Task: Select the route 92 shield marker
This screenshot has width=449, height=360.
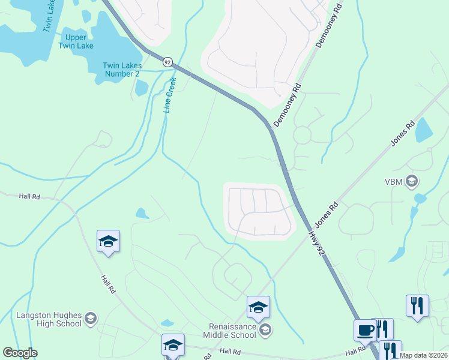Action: pos(167,62)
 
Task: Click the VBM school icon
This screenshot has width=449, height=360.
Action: pos(412,181)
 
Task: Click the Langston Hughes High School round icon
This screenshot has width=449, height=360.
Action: pos(91,318)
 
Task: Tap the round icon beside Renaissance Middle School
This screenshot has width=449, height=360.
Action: pos(265,329)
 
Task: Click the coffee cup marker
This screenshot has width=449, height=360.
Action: pos(364,329)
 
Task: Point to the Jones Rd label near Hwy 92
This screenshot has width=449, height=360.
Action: pos(327,214)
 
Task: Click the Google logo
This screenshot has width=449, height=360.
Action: pos(20,353)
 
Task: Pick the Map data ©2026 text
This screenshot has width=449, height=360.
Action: pos(424,355)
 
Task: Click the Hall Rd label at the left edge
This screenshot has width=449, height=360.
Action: pos(29,196)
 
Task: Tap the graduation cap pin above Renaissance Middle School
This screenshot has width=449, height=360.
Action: pos(259,307)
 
